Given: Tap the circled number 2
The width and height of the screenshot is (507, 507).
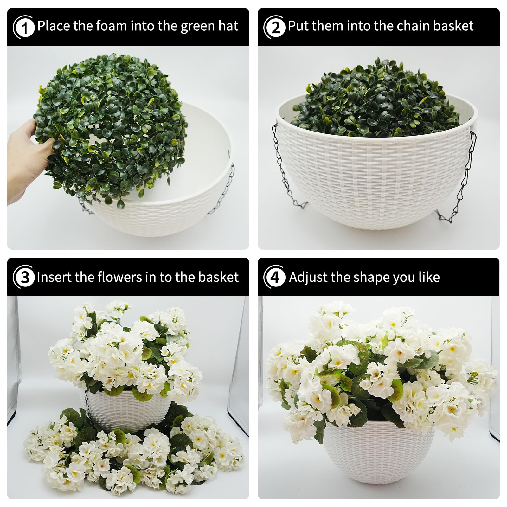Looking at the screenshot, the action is [x=274, y=27].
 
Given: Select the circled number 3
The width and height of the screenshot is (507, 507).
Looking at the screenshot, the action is [x=24, y=277].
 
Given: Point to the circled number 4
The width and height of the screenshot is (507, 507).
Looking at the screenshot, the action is [x=274, y=277].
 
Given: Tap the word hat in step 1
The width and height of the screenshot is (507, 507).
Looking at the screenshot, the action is [x=228, y=26].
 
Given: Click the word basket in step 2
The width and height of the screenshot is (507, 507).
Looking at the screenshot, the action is [x=453, y=26].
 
